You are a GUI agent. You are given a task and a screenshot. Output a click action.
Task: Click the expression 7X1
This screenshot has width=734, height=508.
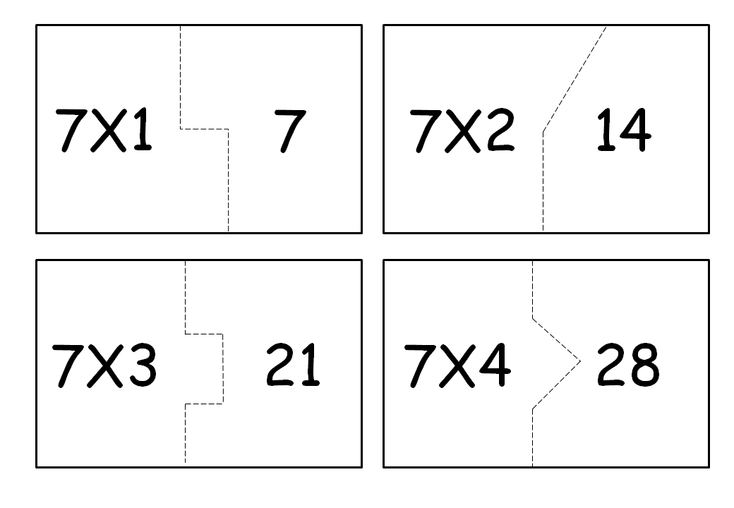click(x=104, y=131)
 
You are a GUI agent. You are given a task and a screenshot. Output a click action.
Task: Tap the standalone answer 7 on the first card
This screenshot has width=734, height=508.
click(x=289, y=131)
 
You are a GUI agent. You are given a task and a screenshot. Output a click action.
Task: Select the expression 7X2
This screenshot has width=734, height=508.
click(x=462, y=131)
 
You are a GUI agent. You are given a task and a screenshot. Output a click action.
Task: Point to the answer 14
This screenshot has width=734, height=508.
click(x=623, y=131)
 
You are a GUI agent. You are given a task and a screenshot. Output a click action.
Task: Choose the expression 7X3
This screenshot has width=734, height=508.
click(x=104, y=365)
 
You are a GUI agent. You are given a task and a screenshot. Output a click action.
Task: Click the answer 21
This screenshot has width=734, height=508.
click(x=292, y=365)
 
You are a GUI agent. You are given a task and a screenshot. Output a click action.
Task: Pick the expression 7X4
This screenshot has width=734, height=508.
click(x=456, y=365)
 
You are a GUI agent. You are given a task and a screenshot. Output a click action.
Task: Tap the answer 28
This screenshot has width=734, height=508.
click(x=627, y=365)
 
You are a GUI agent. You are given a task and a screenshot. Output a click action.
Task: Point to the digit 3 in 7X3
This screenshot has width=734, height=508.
click(x=140, y=365)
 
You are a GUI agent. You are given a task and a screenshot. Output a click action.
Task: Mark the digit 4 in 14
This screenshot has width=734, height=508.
click(x=635, y=131)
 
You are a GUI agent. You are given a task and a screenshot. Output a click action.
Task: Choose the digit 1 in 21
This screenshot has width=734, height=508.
click(x=310, y=365)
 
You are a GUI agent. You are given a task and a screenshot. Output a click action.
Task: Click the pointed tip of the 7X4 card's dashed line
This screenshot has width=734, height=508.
click(x=579, y=361)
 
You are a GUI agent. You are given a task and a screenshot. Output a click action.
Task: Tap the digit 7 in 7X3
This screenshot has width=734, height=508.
click(x=68, y=365)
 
